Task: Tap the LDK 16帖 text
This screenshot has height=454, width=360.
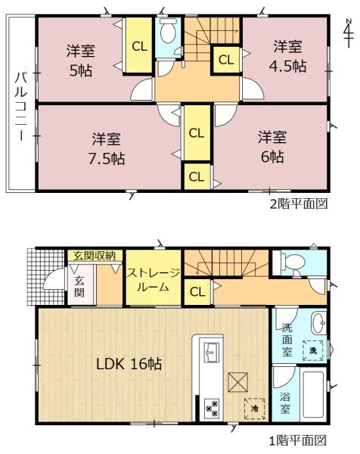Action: (129, 364)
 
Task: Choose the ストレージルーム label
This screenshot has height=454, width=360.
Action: (153, 280)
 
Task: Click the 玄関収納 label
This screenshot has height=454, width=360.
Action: (94, 256)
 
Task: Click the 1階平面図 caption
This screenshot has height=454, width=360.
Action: (299, 439)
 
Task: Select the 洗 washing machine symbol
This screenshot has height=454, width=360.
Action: (312, 350)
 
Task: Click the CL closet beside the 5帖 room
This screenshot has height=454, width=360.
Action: (139, 46)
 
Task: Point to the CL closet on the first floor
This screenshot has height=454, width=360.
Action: (197, 291)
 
